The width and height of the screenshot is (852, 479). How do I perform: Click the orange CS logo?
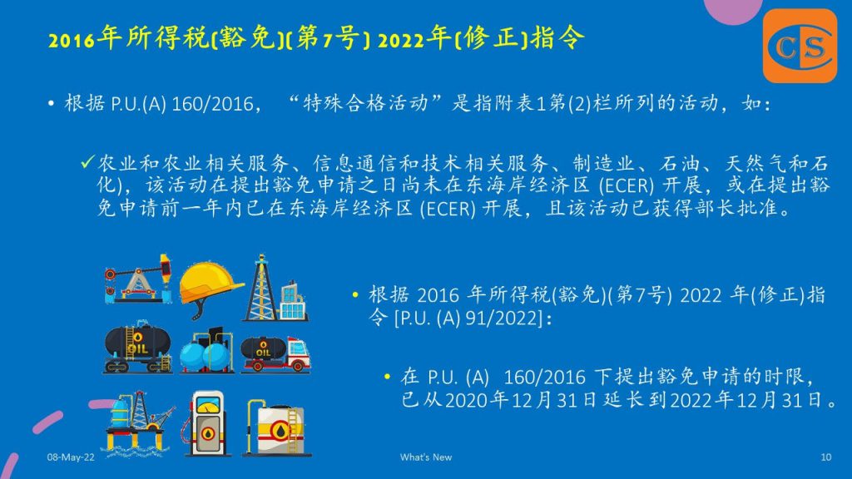800,47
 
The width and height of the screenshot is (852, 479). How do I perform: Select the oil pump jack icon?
138,278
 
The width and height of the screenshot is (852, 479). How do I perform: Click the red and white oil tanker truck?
275,353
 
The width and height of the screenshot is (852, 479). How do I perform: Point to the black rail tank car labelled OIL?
137,347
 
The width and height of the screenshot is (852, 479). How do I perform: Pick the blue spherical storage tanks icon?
207,350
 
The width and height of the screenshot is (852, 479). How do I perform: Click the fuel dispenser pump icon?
207,423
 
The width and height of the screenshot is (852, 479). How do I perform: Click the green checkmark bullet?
87,162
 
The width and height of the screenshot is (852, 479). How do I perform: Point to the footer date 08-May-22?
71,457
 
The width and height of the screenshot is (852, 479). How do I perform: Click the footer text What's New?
426,457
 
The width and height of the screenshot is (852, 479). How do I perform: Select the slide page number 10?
826,457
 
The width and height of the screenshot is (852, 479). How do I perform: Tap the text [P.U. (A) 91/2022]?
469,318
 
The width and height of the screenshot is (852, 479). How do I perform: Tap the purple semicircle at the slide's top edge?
733,11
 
